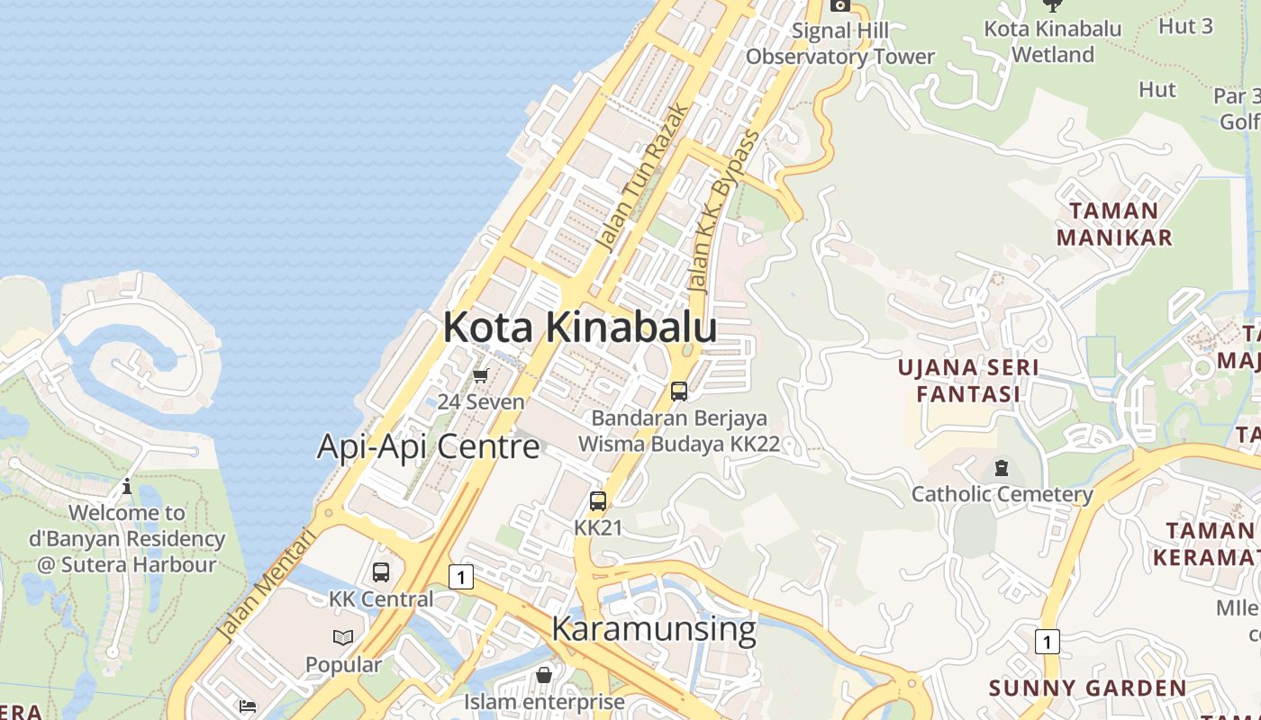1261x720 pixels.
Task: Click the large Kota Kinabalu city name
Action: [579, 328]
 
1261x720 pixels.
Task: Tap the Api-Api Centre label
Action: [428, 446]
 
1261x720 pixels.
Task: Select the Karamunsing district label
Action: [653, 628]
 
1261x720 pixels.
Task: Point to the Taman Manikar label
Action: [1114, 224]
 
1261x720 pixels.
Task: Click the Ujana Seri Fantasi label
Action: [968, 381]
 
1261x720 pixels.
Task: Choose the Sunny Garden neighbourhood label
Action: [1087, 688]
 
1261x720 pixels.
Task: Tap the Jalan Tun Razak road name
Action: [642, 176]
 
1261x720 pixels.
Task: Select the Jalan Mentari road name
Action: [267, 584]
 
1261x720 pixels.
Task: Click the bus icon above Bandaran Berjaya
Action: [679, 391]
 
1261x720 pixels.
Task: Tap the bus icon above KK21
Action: [598, 501]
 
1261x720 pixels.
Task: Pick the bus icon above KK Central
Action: [381, 572]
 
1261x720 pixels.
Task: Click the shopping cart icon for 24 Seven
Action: [481, 375]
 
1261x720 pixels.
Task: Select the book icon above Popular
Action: [343, 638]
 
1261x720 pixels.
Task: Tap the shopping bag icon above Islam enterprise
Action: [544, 674]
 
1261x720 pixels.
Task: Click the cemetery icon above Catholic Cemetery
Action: [1002, 468]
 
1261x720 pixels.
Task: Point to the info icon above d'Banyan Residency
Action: [127, 487]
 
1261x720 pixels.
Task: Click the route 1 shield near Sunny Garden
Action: [1046, 642]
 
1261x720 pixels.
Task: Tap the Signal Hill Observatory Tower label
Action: [840, 43]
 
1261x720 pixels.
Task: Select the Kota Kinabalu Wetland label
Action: [1052, 41]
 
